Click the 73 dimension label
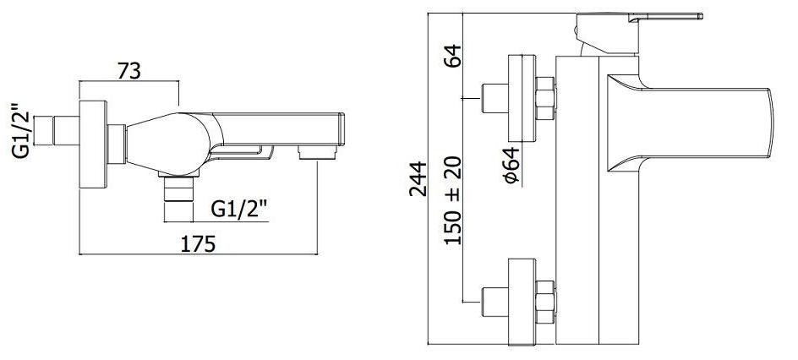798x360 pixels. [128, 71]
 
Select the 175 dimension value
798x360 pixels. [198, 244]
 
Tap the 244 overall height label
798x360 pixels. [418, 178]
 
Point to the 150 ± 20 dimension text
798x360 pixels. [452, 200]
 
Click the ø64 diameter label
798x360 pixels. [512, 165]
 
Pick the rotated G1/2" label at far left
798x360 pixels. [22, 131]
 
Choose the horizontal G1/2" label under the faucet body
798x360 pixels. [239, 209]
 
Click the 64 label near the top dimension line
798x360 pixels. [452, 56]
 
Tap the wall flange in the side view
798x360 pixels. [93, 144]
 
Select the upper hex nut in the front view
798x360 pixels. [545, 98]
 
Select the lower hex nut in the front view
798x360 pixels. [545, 302]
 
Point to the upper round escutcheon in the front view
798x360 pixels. [522, 98]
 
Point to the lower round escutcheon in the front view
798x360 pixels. [522, 302]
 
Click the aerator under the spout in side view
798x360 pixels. [317, 152]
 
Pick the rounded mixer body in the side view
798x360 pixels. [168, 144]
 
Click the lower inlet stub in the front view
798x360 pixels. [495, 302]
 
